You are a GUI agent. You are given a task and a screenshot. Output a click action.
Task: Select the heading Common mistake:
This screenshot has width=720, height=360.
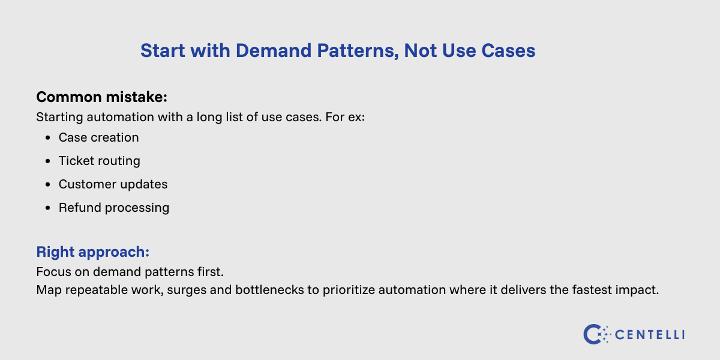(101, 97)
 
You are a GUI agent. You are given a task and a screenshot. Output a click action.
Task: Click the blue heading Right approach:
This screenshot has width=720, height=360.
(92, 251)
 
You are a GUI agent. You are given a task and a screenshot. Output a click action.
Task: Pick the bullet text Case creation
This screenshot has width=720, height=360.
(98, 137)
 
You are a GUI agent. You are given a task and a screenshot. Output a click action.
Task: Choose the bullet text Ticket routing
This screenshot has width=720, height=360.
(99, 161)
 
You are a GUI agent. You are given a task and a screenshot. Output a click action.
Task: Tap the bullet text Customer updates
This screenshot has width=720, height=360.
(113, 184)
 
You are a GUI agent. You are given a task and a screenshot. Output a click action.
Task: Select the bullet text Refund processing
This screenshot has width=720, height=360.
(113, 208)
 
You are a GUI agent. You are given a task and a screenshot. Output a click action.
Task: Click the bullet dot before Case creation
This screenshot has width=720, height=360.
(47, 138)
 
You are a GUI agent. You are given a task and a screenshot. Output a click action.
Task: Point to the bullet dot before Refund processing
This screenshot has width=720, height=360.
(47, 208)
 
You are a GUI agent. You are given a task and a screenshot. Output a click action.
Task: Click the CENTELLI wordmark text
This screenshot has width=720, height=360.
(650, 334)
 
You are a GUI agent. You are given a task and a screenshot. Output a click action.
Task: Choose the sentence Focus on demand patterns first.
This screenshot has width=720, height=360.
(130, 272)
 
